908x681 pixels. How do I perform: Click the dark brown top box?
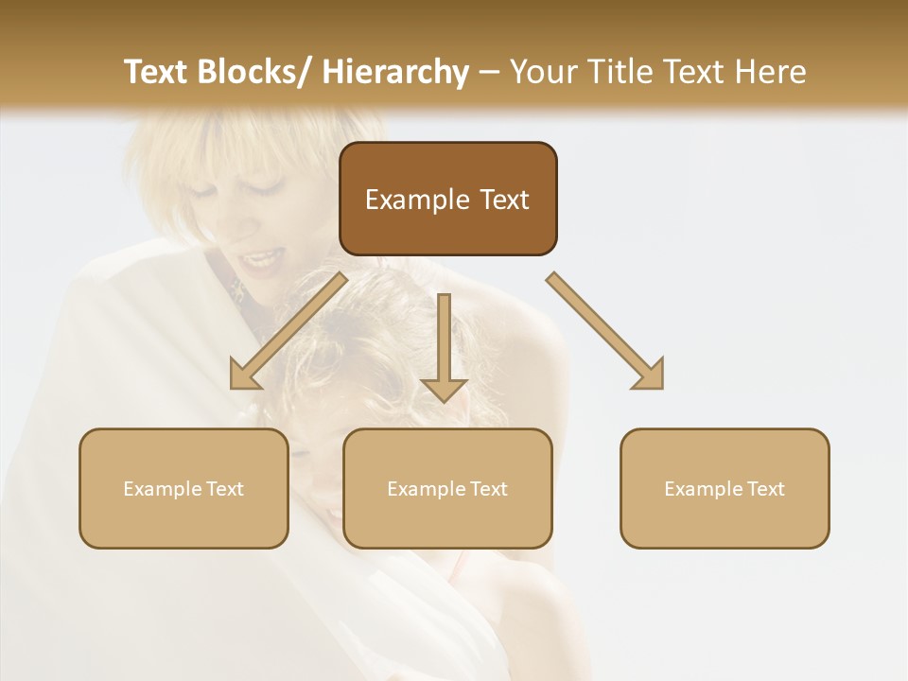point(447,199)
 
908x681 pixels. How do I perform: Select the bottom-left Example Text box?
point(183,488)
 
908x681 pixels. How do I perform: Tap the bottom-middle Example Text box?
point(447,488)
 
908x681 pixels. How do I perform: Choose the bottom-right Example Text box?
point(725,488)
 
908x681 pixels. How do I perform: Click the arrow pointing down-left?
point(288,331)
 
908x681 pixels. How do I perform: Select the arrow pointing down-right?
point(605,331)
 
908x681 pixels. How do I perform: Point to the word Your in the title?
point(544,72)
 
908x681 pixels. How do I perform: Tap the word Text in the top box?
point(504,200)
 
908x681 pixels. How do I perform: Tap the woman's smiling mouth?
point(263,258)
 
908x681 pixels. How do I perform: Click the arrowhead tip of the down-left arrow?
point(234,386)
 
